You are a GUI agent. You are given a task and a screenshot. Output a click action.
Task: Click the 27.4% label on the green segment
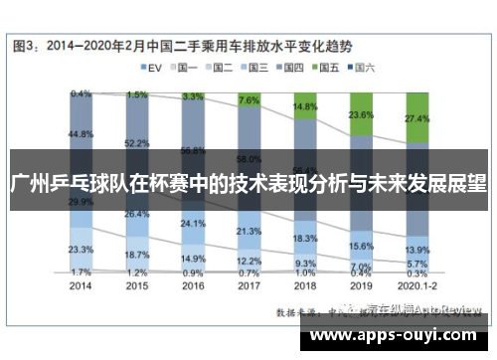pyautogui.click(x=417, y=119)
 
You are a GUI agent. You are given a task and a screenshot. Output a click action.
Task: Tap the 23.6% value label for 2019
pyautogui.click(x=361, y=115)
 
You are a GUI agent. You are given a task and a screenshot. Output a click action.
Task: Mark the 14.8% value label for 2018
pyautogui.click(x=305, y=106)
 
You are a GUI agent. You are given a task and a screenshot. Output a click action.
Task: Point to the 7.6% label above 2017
pyautogui.click(x=249, y=100)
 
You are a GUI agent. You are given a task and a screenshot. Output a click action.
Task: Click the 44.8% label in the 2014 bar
pyautogui.click(x=82, y=133)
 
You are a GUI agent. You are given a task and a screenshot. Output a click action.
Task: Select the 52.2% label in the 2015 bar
pyautogui.click(x=137, y=143)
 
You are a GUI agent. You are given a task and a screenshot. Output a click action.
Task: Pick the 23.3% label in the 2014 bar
pyautogui.click(x=82, y=249)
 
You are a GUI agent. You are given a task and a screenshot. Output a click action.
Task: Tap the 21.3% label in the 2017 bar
pyautogui.click(x=249, y=232)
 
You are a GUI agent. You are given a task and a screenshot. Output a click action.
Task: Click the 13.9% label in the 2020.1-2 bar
pyautogui.click(x=417, y=250)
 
